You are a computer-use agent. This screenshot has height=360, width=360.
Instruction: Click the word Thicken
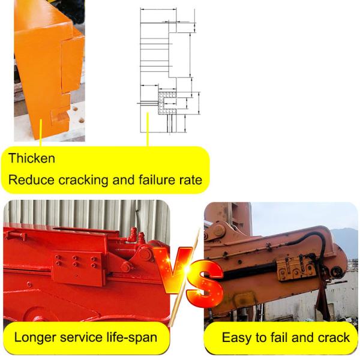pos(32,159)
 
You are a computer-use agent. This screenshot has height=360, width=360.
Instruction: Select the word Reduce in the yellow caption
pos(30,179)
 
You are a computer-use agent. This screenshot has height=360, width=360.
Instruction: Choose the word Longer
pos(35,337)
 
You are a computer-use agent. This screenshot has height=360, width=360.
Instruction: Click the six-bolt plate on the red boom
pos(75,264)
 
